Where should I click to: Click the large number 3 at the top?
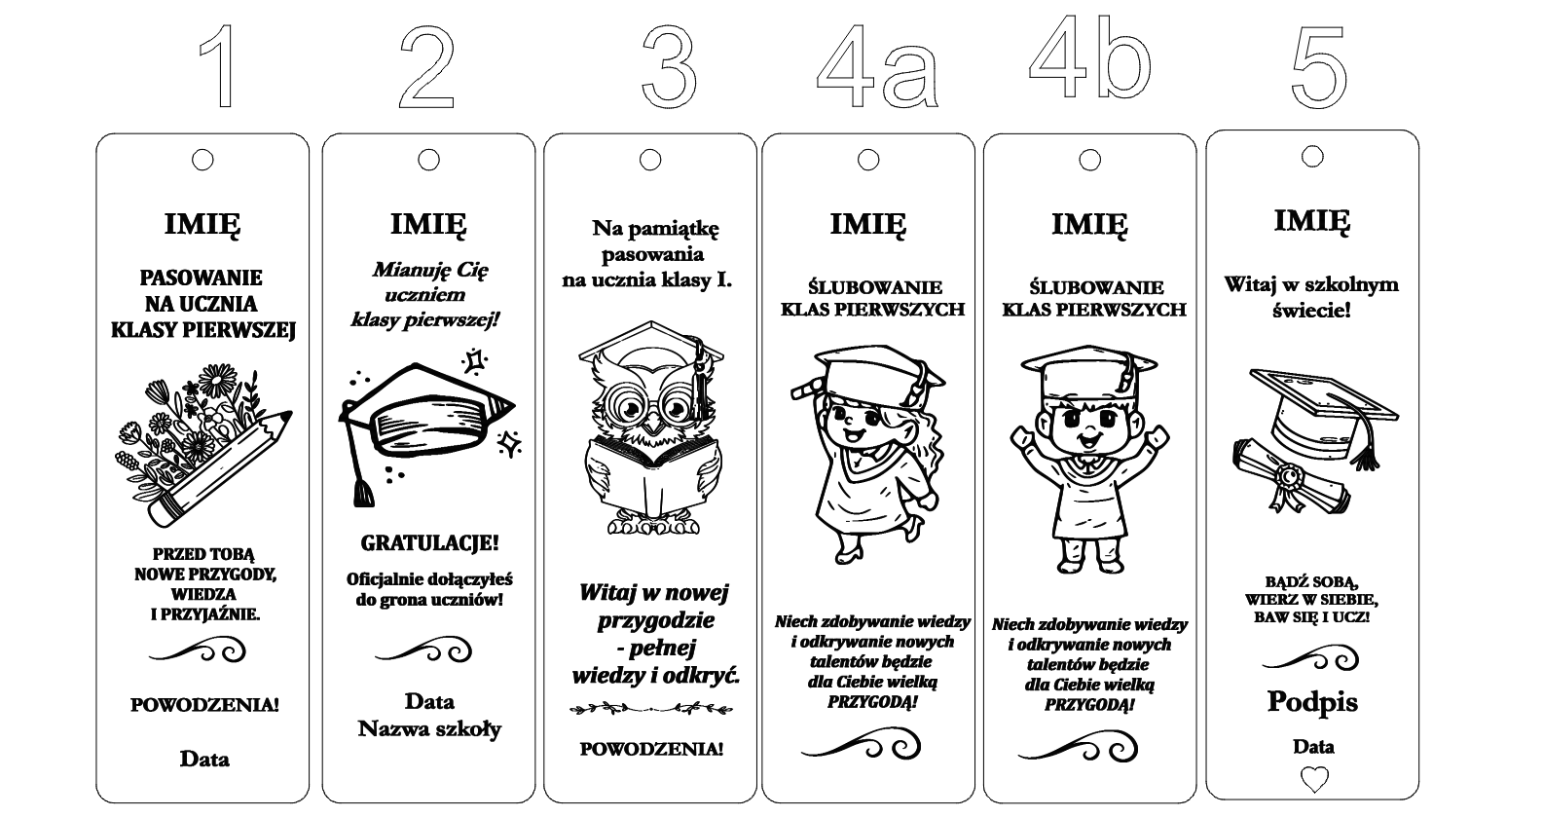click(668, 67)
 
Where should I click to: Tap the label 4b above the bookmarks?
click(1089, 56)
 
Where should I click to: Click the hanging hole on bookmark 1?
click(202, 160)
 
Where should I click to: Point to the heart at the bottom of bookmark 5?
click(1314, 779)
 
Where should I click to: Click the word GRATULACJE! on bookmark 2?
click(429, 542)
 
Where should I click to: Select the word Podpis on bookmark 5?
click(1313, 702)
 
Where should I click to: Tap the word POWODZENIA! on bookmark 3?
click(651, 749)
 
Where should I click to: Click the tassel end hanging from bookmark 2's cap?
click(363, 493)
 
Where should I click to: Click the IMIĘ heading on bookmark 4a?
click(868, 225)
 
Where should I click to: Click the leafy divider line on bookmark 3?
click(651, 708)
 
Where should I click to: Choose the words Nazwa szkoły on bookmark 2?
click(429, 728)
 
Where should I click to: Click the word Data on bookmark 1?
click(204, 760)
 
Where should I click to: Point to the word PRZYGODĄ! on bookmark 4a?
click(872, 702)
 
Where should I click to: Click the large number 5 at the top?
click(1318, 67)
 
